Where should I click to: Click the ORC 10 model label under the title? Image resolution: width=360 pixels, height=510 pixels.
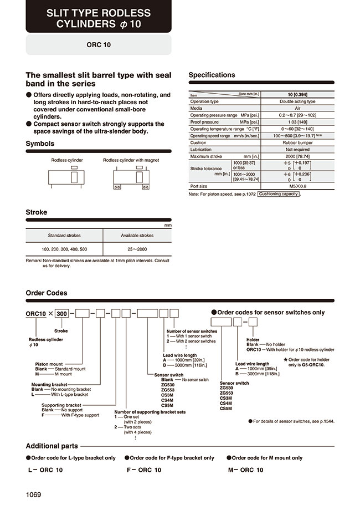point(99,45)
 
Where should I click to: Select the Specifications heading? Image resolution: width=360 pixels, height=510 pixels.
point(212,75)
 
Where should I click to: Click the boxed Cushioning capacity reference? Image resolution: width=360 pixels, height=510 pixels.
point(279,194)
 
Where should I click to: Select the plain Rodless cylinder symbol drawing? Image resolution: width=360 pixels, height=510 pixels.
point(67,177)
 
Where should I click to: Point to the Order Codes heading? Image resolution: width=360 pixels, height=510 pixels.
point(47,293)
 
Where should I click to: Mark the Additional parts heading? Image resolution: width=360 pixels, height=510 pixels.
point(52,446)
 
